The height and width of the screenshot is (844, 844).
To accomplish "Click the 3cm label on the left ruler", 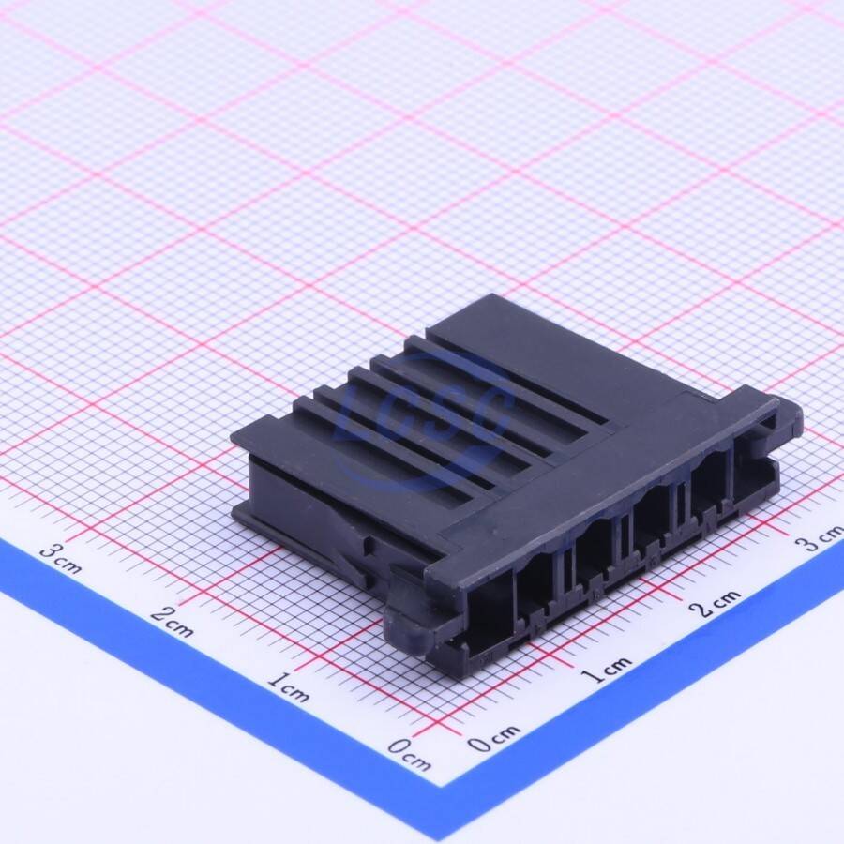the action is coord(61,558).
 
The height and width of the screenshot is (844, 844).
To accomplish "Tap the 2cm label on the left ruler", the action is coord(172,622).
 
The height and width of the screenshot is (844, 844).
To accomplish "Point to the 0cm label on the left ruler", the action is coord(409,754).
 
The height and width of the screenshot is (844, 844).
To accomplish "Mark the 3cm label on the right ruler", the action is coord(821,538).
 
